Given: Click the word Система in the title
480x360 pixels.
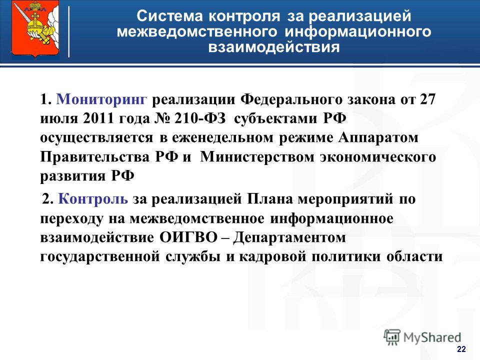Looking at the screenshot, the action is pyautogui.click(x=169, y=16).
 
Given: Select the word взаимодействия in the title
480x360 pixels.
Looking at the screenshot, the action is pyautogui.click(x=274, y=47).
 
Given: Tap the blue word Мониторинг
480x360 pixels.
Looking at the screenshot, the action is pyautogui.click(x=101, y=99).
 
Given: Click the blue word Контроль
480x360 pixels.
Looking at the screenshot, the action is pyautogui.click(x=93, y=199).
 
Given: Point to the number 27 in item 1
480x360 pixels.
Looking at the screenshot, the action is pyautogui.click(x=427, y=99).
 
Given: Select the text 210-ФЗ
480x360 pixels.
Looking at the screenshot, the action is pyautogui.click(x=200, y=118).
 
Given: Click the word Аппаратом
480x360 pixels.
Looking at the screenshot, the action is pyautogui.click(x=378, y=138).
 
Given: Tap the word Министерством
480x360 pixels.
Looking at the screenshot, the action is pyautogui.click(x=257, y=157).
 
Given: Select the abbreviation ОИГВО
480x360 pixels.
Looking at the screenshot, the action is pyautogui.click(x=188, y=237).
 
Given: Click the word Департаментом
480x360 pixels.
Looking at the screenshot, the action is pyautogui.click(x=289, y=237).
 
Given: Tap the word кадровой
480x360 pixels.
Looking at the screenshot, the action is pyautogui.click(x=272, y=257).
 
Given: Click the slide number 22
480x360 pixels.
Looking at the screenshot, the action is pyautogui.click(x=461, y=349).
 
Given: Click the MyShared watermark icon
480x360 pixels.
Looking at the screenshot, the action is pyautogui.click(x=392, y=337).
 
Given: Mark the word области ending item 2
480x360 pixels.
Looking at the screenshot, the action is pyautogui.click(x=414, y=257).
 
